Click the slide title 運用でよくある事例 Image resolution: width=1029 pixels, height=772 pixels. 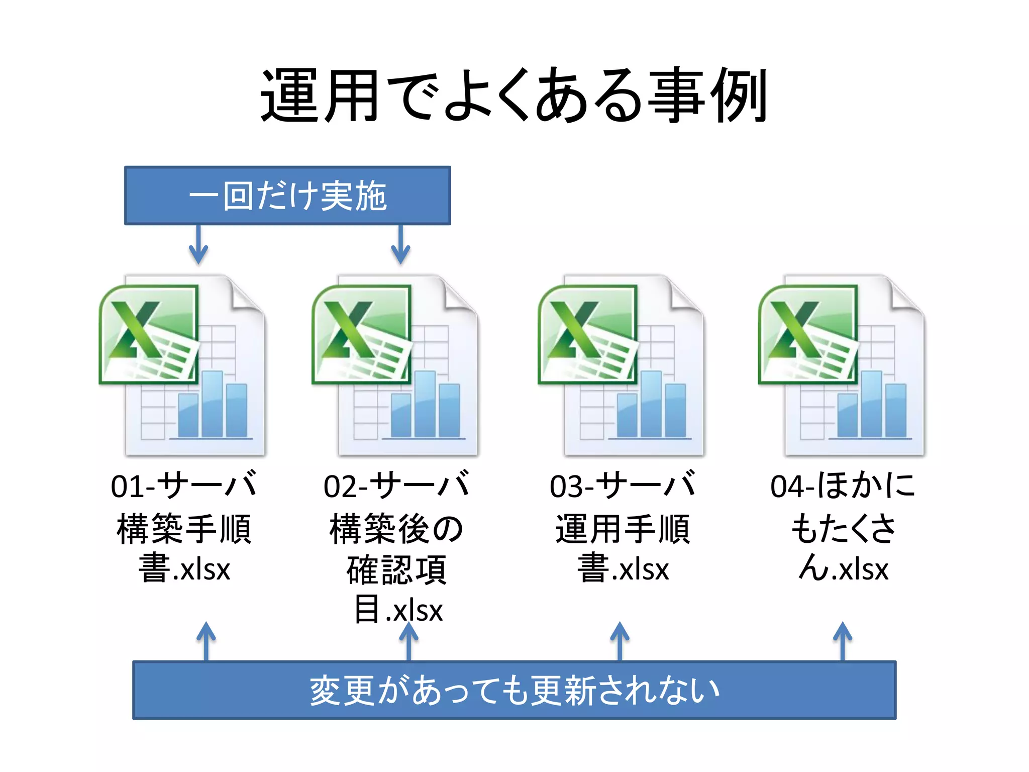coord(513,95)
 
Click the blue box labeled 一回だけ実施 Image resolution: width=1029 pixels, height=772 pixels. coord(287,195)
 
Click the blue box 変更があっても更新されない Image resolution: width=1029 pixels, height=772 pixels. coord(514,690)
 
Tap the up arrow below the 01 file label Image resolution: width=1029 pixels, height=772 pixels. coord(206,640)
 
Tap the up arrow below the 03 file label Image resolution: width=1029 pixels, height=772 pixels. coord(620,640)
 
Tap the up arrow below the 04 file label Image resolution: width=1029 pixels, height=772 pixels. coord(843,640)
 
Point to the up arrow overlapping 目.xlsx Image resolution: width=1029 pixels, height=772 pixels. coord(408,640)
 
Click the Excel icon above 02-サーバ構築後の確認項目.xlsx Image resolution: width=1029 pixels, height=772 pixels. coord(395,365)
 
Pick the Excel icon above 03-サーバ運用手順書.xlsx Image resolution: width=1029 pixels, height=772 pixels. coord(622,365)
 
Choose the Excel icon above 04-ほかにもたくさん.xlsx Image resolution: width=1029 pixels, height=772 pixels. coord(842,365)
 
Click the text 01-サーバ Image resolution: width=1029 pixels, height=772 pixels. coord(184,486)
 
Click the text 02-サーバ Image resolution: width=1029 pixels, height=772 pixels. coord(396,486)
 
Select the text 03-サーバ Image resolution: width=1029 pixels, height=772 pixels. coord(623,486)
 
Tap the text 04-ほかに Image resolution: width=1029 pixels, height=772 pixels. coord(843,486)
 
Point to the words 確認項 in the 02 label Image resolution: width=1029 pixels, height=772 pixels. coord(396,570)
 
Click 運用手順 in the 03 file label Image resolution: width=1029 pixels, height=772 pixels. coord(623,529)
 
